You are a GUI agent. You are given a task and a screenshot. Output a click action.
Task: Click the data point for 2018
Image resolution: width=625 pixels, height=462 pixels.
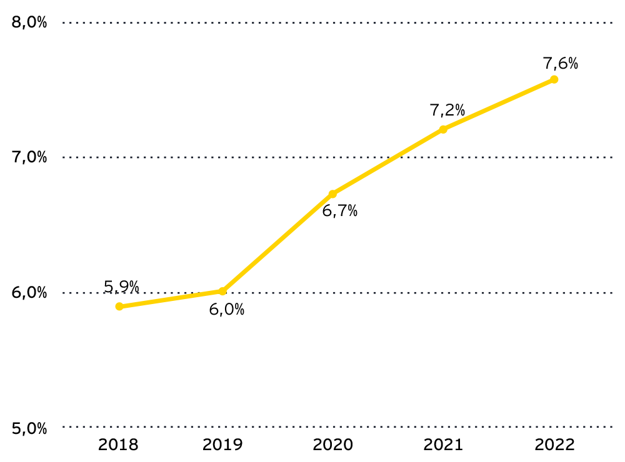coord(119,307)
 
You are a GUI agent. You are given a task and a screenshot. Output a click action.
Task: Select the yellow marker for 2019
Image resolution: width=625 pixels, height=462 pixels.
coord(222,291)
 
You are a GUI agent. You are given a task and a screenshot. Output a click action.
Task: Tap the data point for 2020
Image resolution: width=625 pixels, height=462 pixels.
coord(332,194)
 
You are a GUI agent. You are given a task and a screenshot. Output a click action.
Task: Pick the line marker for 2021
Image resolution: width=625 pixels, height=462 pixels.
coord(443,129)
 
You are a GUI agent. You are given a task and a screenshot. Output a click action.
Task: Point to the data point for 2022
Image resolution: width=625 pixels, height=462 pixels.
coord(554,79)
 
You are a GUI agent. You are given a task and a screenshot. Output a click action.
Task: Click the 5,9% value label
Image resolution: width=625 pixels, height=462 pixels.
coord(121,287)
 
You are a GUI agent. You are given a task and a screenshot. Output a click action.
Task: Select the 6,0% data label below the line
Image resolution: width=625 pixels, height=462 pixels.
coord(226,310)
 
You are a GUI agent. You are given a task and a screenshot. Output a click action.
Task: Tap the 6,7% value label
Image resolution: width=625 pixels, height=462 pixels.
coord(339,212)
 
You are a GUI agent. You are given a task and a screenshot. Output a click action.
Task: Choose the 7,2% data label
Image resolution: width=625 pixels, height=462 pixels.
coord(447,111)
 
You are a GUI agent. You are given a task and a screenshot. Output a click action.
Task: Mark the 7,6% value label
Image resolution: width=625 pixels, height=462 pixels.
coord(561,63)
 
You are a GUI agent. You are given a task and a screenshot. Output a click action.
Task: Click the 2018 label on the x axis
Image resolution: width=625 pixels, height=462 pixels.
coord(119,445)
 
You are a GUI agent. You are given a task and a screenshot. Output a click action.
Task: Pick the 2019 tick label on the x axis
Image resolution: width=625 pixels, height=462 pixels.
coord(222,445)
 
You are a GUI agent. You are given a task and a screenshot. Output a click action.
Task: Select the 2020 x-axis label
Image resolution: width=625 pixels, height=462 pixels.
coord(332,445)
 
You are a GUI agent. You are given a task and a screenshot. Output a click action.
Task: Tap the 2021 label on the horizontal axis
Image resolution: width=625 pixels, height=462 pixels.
coord(443,445)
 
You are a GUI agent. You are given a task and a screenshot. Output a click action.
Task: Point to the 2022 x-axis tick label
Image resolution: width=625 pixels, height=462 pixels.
coord(554,445)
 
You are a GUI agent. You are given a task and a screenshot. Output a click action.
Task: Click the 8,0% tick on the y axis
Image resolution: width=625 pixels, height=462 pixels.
coord(30,22)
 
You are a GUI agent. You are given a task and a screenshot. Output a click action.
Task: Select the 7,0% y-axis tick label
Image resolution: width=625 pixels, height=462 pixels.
coord(30,157)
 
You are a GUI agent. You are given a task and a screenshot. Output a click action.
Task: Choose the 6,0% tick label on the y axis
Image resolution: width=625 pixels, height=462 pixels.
coord(30,293)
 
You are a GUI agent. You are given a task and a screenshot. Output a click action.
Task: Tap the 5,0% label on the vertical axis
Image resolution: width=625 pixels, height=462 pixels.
coord(30,428)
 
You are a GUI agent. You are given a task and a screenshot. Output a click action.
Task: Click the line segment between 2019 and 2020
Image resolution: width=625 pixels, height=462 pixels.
coord(277,243)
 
